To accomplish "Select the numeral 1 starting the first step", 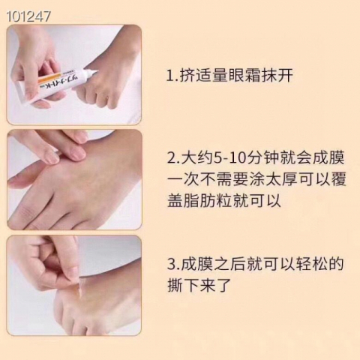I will pyautogui.click(x=169, y=76).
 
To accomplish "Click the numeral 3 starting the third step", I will pyautogui.click(x=170, y=265).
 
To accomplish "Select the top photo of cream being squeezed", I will pyautogui.click(x=74, y=74).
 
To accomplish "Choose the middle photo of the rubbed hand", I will pyautogui.click(x=74, y=180).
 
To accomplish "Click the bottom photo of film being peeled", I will pyautogui.click(x=74, y=286).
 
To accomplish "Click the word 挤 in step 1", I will pyautogui.click(x=187, y=76).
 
